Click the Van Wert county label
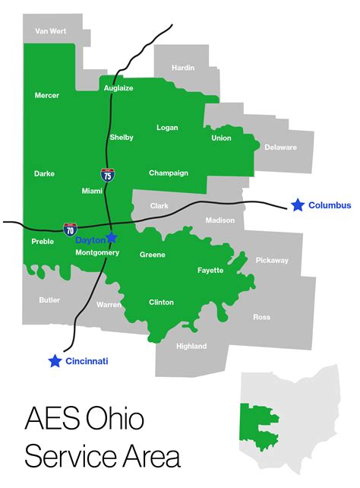click(x=51, y=31)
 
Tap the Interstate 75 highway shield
click(x=108, y=176)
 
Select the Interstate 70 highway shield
click(x=70, y=228)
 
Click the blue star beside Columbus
click(x=298, y=205)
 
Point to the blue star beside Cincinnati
click(x=55, y=361)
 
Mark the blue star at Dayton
click(x=112, y=237)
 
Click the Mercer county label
click(x=47, y=96)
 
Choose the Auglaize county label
click(x=118, y=88)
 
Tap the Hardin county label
click(x=183, y=68)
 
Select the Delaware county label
click(x=280, y=147)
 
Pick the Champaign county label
click(x=169, y=173)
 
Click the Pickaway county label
click(x=272, y=261)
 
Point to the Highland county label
click(x=191, y=347)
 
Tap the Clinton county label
click(x=161, y=303)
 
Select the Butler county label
click(x=49, y=300)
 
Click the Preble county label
click(x=43, y=242)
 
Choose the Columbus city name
click(x=330, y=205)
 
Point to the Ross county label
click(x=261, y=317)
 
